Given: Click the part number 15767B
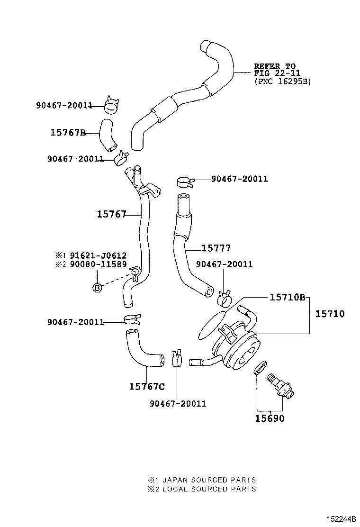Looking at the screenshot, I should (68, 133).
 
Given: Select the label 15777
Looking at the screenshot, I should (216, 248).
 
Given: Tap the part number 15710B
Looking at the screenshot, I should (287, 297).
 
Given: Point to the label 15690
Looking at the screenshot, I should (270, 418).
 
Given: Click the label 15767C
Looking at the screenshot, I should (147, 386).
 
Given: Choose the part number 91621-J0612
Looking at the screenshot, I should (99, 255).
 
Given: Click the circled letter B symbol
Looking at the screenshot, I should (97, 287).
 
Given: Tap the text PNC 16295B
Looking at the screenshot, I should (282, 81).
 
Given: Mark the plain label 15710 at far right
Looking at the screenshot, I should (330, 314).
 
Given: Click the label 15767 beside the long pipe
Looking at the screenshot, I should (111, 215).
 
